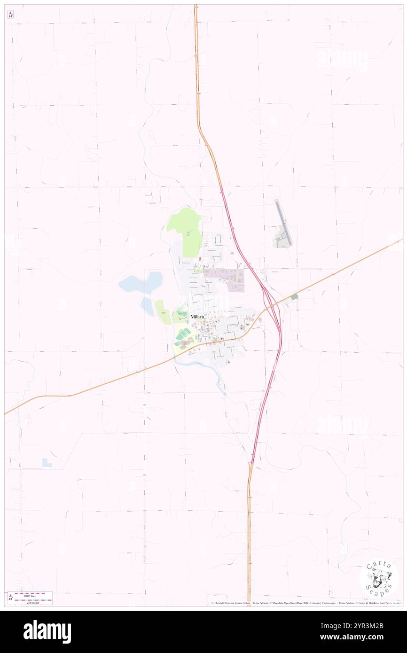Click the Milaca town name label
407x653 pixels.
[197, 317]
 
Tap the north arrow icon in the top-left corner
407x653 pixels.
[10, 15]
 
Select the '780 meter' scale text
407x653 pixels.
[31, 602]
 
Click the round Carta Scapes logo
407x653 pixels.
[379, 578]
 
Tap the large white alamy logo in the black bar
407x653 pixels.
[47, 632]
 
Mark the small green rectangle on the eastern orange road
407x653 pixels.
[294, 297]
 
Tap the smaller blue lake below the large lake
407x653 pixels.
[147, 306]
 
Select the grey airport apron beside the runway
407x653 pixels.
[282, 237]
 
